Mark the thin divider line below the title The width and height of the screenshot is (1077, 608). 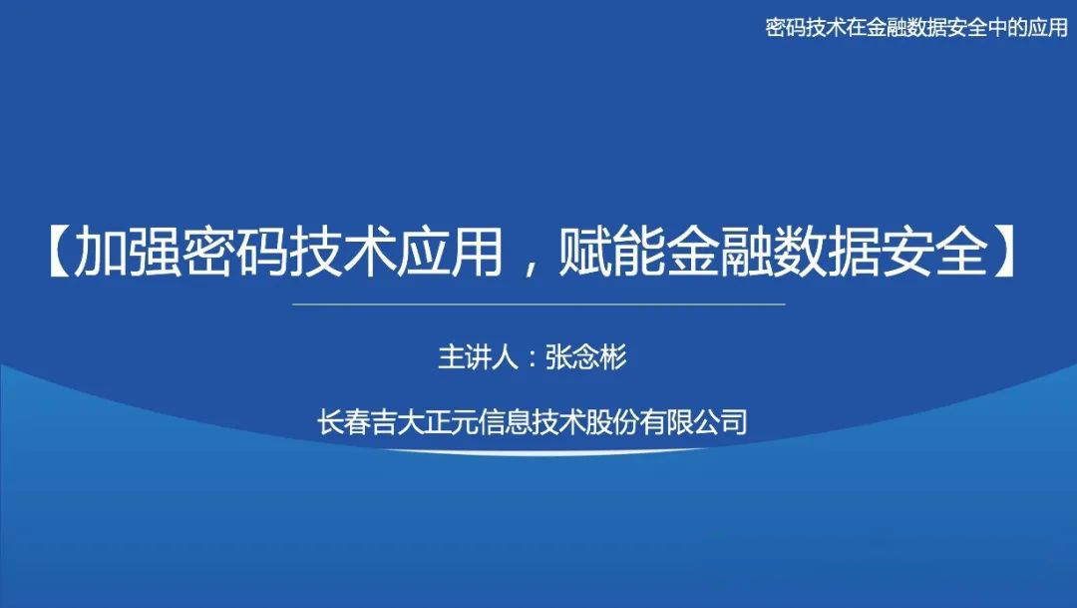[539, 304]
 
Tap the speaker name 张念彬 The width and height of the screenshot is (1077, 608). [586, 358]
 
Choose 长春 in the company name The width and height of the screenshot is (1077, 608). [342, 422]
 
